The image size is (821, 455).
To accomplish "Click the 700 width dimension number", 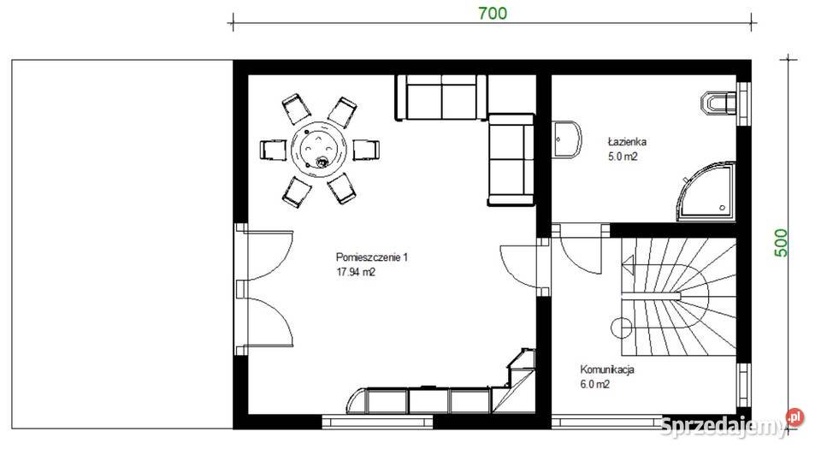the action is coord(493,13).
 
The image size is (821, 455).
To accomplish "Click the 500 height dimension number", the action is coord(780,242).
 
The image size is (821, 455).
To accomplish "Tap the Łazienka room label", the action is coord(627,141).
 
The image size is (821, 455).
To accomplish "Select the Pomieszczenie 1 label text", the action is coord(371,257).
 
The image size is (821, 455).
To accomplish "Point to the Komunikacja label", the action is coord(607,369).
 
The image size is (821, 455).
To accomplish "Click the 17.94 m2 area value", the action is coord(356,272).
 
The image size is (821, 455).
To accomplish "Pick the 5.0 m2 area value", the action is coord(623,156).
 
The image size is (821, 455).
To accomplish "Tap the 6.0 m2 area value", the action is coord(594,384).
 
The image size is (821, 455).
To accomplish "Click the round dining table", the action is coord(319,149).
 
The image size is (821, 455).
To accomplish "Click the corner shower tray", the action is coord(707,192).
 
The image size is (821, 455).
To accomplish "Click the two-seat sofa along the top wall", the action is coord(441,97).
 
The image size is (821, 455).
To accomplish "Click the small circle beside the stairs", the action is coord(622,328).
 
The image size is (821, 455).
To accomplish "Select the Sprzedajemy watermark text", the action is coord(723,426).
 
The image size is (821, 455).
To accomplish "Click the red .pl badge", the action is coord(794,417).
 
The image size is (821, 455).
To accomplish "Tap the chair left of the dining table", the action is coord(274,151).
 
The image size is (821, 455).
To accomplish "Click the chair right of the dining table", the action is coord(366,150).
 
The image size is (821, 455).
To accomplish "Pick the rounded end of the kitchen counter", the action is coord(357,400).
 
